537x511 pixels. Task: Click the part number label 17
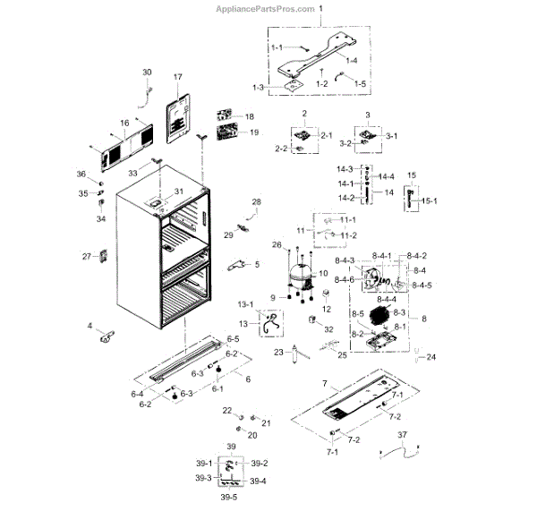(x=177, y=78)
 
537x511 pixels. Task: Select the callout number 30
(x=148, y=72)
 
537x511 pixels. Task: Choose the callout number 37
(x=402, y=436)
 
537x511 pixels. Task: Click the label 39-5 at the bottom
(x=228, y=497)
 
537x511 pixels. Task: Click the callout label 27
(x=87, y=257)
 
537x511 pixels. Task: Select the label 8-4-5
(x=421, y=285)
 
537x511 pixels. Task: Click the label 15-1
(x=430, y=200)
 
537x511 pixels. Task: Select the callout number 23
(x=278, y=352)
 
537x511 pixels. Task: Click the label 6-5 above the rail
(x=233, y=339)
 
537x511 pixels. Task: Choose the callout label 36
(x=81, y=174)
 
